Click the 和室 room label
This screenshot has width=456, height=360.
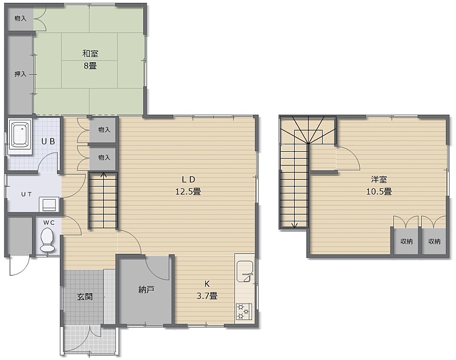click(90, 54)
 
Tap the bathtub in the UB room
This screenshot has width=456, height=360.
click(19, 135)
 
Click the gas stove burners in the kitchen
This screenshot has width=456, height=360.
click(243, 312)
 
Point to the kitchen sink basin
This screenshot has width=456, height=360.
click(245, 271)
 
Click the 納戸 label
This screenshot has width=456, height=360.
click(146, 290)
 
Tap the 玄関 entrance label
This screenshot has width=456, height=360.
click(85, 297)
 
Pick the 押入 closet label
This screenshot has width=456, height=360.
click(21, 74)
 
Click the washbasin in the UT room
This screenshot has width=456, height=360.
click(49, 204)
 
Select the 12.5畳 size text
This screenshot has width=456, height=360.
click(188, 192)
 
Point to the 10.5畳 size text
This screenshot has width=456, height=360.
click(378, 192)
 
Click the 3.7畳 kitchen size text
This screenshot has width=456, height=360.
click(207, 296)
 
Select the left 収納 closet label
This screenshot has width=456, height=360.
click(406, 241)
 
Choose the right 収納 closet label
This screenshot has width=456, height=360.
click(434, 241)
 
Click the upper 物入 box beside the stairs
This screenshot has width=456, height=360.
click(104, 130)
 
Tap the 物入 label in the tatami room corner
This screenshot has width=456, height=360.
click(21, 18)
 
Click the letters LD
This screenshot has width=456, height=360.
click(189, 180)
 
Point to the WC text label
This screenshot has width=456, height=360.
click(49, 223)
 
